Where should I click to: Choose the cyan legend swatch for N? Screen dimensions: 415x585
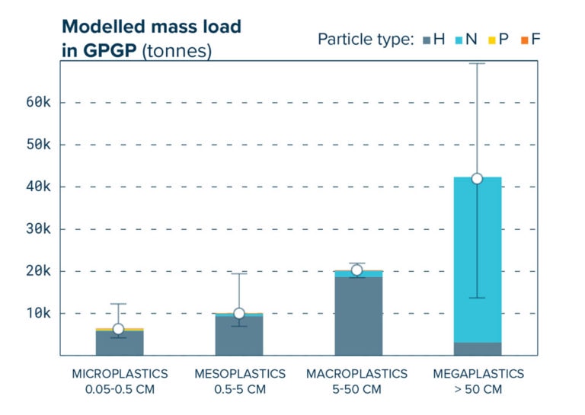459,40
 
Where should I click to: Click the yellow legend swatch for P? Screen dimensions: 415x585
492,40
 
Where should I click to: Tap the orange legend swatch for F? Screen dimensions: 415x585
525,40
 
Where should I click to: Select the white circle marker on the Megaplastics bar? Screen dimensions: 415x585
478,178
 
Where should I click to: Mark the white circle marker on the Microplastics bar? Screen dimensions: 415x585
118,329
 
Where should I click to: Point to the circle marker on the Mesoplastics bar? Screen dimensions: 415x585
239,313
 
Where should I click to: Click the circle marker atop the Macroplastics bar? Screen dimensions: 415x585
356,270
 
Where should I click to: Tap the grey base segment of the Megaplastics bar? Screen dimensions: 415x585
478,349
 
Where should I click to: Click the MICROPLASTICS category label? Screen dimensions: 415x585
120,374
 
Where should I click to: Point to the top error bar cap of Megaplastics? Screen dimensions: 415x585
478,63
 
